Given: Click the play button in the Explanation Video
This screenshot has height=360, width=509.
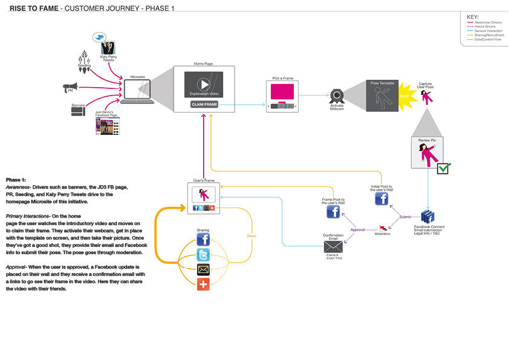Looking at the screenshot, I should click(204, 84).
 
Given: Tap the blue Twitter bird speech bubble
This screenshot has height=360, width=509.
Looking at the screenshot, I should click(99, 38).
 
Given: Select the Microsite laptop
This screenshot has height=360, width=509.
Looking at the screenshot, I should click(137, 91).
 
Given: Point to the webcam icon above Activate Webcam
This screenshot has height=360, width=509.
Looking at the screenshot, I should click(337, 96).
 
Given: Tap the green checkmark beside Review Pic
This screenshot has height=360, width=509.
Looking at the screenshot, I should click(444, 168).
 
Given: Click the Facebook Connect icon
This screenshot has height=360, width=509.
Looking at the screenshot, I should click(429, 216).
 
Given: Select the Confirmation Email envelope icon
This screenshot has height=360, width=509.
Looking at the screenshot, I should click(333, 246).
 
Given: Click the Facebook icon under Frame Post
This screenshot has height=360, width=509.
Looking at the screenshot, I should click(333, 212).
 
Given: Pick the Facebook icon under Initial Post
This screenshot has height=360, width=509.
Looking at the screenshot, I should click(382, 200).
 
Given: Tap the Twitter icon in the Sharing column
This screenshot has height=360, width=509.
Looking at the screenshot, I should click(203, 255).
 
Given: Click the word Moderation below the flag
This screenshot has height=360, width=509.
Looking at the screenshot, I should click(383, 234).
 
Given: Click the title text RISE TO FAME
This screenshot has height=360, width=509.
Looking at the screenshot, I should click(33, 8).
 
